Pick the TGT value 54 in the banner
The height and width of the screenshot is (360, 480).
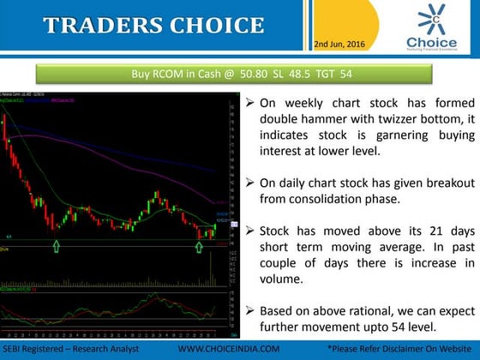(347, 74)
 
